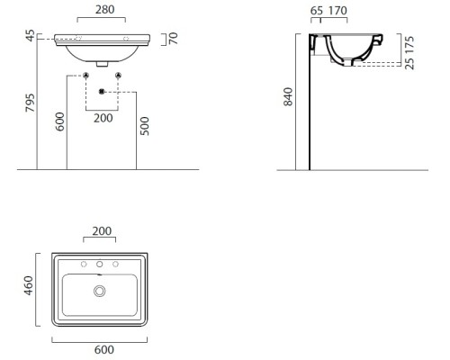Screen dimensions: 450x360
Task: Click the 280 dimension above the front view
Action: pos(104,10)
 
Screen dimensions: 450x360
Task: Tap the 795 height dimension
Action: pos(30,103)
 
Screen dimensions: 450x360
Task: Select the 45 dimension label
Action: pos(31,35)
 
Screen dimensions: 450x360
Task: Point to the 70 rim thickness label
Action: pos(173,39)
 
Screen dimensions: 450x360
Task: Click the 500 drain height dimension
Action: pos(145,126)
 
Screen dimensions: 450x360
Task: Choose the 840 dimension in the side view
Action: pos(288,96)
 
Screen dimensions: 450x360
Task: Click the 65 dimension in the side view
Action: pos(317,11)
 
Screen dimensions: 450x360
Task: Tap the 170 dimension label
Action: pos(337,11)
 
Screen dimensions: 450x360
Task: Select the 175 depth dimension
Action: pos(409,45)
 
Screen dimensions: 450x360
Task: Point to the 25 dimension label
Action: pos(409,63)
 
